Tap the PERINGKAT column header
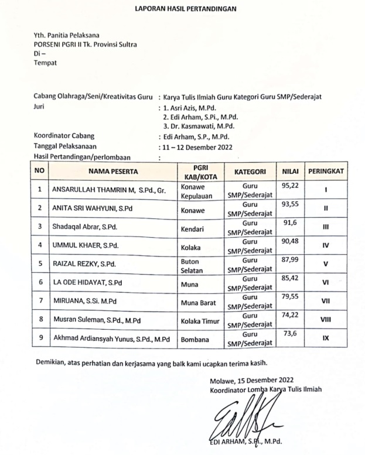point(326,172)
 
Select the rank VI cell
point(326,282)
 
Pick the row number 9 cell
point(40,338)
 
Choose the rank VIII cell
point(326,320)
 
